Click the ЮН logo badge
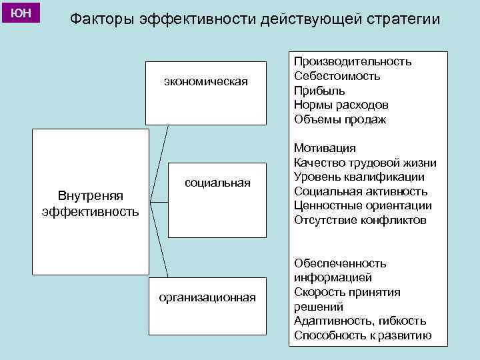pos(21,13)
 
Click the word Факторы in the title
pos(102,19)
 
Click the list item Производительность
pos(353,61)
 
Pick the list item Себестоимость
pos(337,76)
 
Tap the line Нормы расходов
pos(341,105)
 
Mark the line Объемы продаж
pos(339,120)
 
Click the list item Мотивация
pos(325,148)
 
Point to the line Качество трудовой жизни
pos(365,163)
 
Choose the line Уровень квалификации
pos(359,177)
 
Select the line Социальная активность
pos(361,192)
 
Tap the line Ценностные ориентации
pos(363,206)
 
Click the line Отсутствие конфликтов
pos(359,221)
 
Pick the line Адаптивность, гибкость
pos(360,321)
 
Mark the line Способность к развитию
pos(363,336)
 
